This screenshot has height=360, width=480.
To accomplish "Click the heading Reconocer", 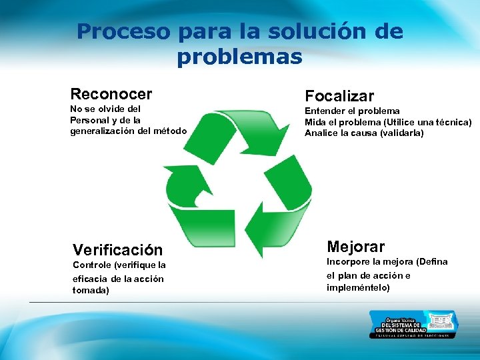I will pyautogui.click(x=111, y=94).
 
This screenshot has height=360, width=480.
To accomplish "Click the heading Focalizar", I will pyautogui.click(x=339, y=96).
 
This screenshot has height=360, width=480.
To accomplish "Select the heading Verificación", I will pyautogui.click(x=117, y=250).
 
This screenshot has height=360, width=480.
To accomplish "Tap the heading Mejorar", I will pyautogui.click(x=355, y=247).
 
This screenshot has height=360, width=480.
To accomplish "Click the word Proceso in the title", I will pyautogui.click(x=125, y=31).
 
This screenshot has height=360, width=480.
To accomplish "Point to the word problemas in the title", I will pyautogui.click(x=239, y=57).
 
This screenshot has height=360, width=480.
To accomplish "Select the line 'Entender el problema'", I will pyautogui.click(x=352, y=111).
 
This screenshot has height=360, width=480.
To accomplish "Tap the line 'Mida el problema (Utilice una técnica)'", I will pyautogui.click(x=388, y=122).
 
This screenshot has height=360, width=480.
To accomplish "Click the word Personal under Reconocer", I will pyautogui.click(x=89, y=119).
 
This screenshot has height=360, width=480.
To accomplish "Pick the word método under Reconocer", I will pyautogui.click(x=171, y=131).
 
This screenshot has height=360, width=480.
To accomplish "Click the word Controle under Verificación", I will pyautogui.click(x=91, y=265).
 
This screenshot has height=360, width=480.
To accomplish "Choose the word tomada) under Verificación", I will pyautogui.click(x=90, y=291).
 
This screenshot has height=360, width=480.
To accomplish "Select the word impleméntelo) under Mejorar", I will pyautogui.click(x=358, y=287).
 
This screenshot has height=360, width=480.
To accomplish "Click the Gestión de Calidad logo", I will pyautogui.click(x=413, y=324).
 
